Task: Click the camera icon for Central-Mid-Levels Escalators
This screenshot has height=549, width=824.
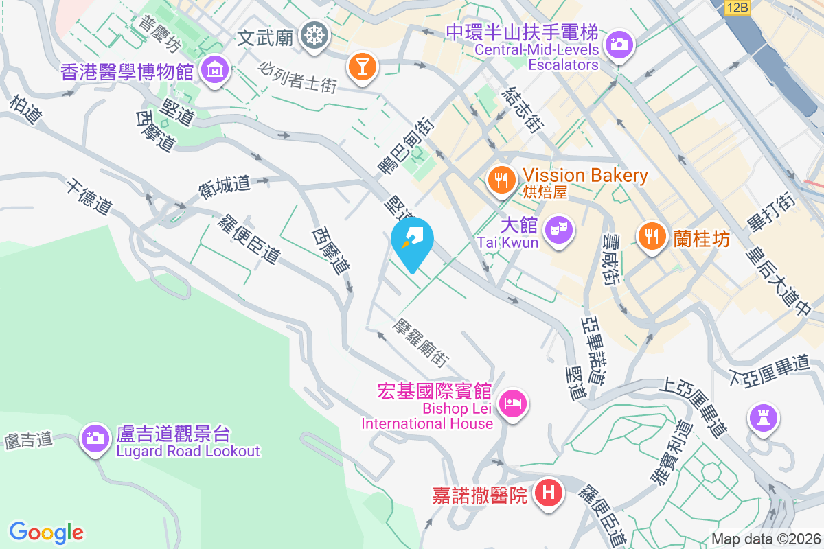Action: tap(619, 45)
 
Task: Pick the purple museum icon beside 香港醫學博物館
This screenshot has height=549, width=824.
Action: tap(215, 70)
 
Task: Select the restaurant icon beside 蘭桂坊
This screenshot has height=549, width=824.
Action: tap(650, 237)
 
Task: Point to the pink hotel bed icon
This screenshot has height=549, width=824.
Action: tap(513, 403)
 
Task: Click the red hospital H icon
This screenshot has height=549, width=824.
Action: tap(549, 493)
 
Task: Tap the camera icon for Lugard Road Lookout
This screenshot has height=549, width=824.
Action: tap(95, 439)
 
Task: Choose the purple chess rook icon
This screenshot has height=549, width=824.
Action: tap(763, 417)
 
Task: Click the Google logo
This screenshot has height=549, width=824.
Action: tap(47, 533)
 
